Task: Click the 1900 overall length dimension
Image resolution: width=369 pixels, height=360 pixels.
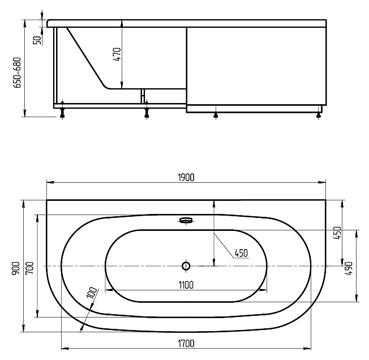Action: [x=186, y=177]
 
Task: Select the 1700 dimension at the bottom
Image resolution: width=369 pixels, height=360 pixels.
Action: [x=186, y=344]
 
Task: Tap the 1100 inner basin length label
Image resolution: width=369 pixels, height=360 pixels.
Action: [x=186, y=285]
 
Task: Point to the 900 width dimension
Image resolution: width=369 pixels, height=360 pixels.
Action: [x=16, y=268]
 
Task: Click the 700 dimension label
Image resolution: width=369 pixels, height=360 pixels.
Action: [x=30, y=268]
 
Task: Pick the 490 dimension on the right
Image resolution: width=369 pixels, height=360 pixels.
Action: [x=349, y=268]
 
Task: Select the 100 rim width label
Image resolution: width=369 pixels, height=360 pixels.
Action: [x=92, y=293]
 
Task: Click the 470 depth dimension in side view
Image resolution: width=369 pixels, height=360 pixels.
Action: [x=117, y=54]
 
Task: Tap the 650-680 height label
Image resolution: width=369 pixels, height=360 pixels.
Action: [x=17, y=72]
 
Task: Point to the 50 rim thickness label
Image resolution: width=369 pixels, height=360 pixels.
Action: [x=37, y=40]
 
